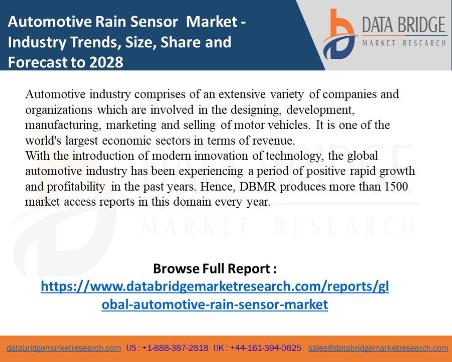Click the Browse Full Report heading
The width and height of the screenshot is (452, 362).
(214, 268)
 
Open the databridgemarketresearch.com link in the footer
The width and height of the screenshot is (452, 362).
(64, 348)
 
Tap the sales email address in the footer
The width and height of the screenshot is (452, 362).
(378, 348)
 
